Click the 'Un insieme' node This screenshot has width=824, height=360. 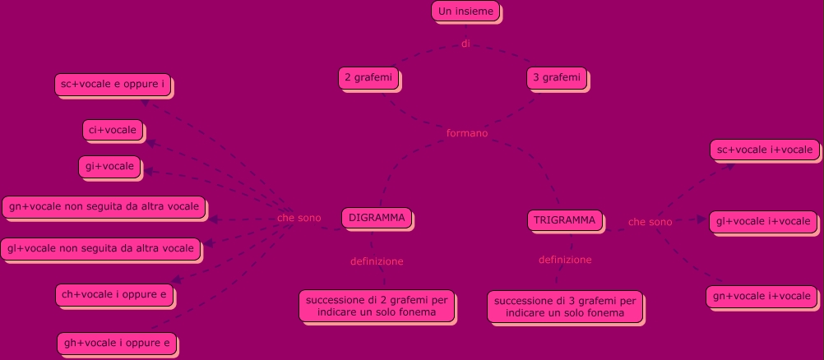465,12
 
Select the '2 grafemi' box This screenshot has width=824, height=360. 369,77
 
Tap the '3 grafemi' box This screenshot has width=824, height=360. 557,77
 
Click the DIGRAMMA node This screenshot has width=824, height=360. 377,218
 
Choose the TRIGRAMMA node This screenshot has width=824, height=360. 565,220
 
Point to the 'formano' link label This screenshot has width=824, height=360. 466,132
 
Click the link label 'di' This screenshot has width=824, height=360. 465,44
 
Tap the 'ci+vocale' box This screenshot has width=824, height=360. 113,130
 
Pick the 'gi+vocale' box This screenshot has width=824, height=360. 109,166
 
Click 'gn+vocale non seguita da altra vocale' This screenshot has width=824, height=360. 104,207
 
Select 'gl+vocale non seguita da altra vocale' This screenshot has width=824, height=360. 100,247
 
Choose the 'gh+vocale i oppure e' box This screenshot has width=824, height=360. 117,343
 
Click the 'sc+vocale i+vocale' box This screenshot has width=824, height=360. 764,150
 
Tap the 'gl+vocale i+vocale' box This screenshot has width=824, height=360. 763,221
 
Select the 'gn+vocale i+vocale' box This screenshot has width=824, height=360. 762,296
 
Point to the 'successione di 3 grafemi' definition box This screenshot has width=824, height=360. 564,307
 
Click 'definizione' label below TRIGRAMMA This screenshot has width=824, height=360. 565,260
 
